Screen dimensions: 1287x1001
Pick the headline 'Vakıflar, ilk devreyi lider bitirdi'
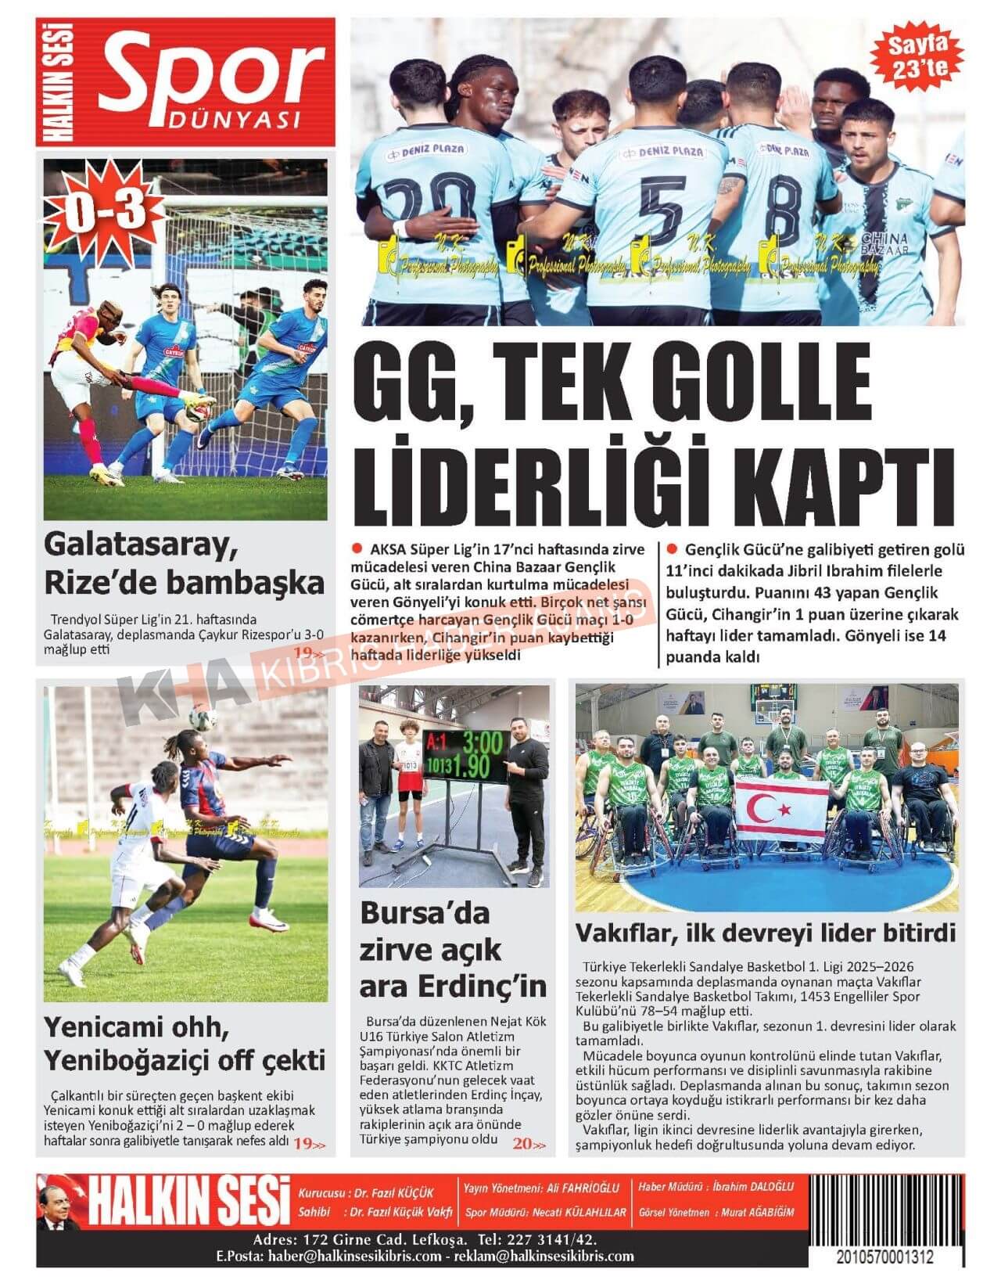pyautogui.click(x=766, y=933)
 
